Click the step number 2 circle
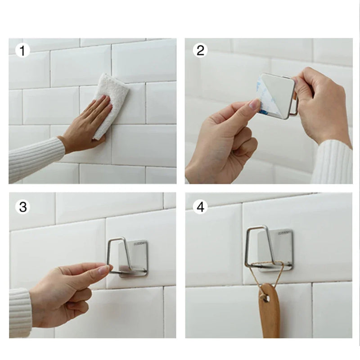click(199, 50)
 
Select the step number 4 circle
click(200, 207)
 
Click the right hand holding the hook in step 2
click(319, 103)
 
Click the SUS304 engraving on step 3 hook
click(139, 244)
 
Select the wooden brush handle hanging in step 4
click(269, 315)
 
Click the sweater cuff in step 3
click(20, 313)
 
